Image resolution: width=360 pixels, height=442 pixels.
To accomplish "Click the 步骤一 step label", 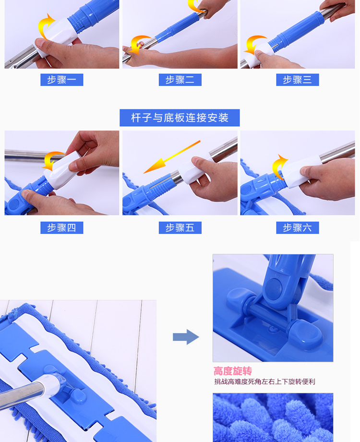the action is [62, 80].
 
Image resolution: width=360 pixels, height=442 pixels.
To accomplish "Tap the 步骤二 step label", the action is [180, 80].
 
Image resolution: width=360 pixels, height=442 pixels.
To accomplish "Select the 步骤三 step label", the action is [298, 80].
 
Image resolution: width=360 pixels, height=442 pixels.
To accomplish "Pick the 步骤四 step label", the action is [62, 228].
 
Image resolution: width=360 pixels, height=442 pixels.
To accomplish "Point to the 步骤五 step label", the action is [180, 228].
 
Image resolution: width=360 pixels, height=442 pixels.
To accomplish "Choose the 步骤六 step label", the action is [298, 228].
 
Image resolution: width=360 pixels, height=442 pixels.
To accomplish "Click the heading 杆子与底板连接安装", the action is [180, 118].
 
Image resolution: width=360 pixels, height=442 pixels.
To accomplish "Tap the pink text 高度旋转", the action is [233, 371].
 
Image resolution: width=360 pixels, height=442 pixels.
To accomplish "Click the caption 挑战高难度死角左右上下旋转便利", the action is [264, 382].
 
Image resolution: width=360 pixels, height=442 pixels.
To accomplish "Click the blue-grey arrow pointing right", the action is [186, 337].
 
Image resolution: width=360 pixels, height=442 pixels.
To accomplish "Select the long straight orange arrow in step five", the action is [171, 157].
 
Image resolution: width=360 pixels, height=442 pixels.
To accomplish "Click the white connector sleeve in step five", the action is [194, 169].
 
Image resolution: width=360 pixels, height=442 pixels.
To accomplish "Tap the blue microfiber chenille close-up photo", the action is [273, 418].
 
